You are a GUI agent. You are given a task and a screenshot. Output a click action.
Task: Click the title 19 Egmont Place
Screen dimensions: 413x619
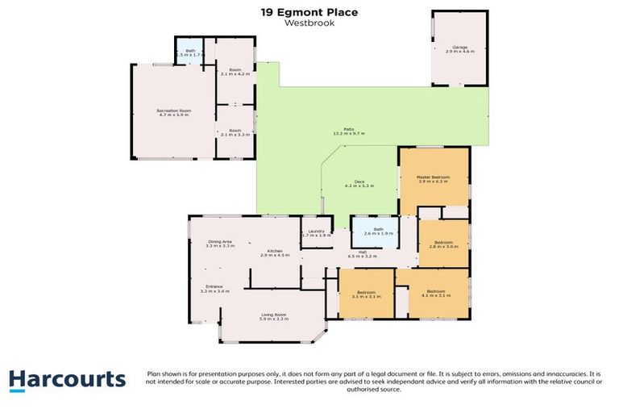tap(309, 12)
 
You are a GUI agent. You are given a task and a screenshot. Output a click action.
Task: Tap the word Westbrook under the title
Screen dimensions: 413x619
tap(309, 23)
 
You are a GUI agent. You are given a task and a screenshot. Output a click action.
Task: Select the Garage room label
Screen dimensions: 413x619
tap(460, 49)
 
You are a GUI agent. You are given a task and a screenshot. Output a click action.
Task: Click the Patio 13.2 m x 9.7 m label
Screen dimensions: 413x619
tap(348, 131)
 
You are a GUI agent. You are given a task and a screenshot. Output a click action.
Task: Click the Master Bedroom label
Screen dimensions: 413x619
tap(432, 179)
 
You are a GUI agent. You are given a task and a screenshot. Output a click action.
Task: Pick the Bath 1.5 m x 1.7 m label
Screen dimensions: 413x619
tap(190, 54)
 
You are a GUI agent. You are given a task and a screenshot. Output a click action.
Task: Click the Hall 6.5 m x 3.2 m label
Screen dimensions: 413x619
tap(362, 254)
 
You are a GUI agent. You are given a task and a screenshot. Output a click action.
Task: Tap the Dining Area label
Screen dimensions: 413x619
tap(219, 244)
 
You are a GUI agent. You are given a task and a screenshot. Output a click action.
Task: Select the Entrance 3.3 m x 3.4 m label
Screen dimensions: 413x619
tap(216, 289)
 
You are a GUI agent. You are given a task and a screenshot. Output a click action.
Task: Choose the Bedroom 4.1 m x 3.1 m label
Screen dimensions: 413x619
tap(435, 293)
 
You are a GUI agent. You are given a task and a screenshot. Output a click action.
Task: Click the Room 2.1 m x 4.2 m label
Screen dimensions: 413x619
tap(235, 72)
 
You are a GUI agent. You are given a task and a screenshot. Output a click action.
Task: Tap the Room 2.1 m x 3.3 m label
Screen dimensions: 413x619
tap(235, 132)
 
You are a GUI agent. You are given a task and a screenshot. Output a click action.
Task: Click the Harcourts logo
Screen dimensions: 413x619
tap(67, 380)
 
